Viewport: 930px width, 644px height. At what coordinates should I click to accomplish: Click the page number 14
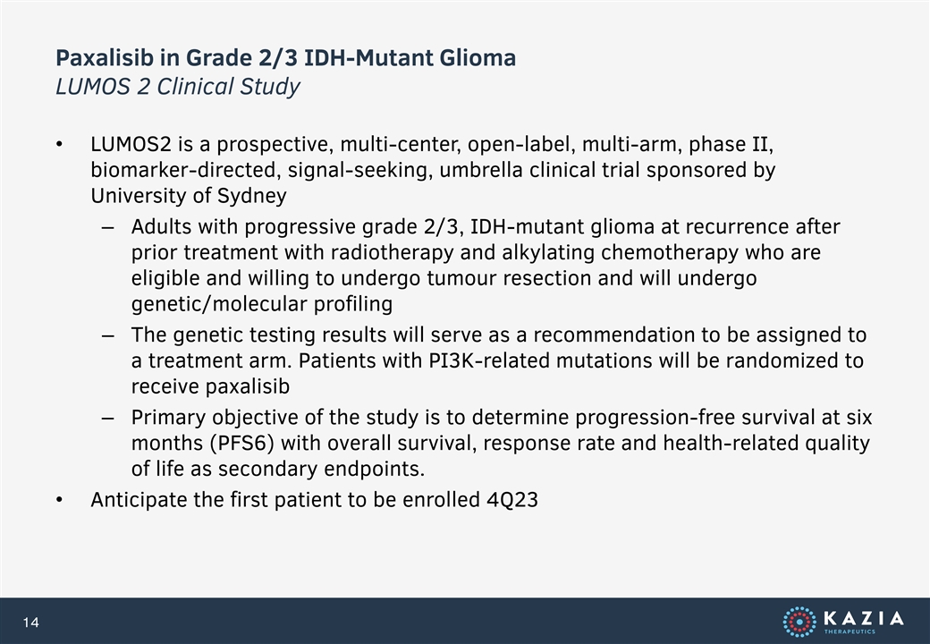pos(30,622)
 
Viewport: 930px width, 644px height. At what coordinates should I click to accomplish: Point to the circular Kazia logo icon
pos(799,622)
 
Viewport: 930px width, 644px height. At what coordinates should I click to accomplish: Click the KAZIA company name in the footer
pos(864,618)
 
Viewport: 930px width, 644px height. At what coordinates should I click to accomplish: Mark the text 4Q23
pos(511,500)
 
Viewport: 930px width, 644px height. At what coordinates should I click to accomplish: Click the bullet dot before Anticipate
pos(59,501)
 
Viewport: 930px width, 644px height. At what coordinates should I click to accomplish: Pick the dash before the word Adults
pos(107,228)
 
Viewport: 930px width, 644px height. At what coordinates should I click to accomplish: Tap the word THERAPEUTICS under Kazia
pos(850,632)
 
